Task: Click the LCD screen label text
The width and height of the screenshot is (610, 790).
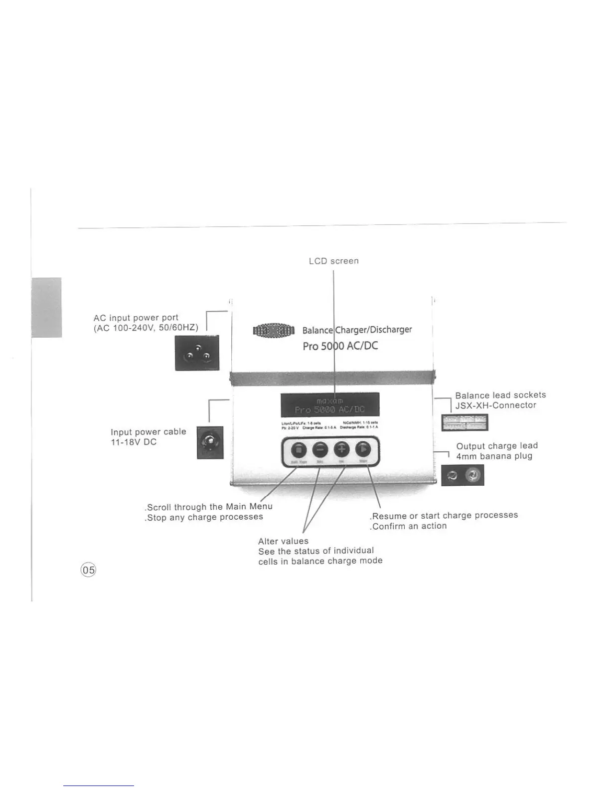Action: point(333,261)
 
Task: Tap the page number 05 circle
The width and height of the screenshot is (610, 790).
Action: point(89,570)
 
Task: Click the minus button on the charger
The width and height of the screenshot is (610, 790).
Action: point(320,450)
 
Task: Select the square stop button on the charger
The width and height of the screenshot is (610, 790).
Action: point(299,450)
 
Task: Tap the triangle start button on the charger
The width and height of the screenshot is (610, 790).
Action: point(363,450)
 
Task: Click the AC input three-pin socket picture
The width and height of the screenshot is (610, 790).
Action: point(197,353)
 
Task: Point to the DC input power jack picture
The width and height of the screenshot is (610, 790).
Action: point(210,442)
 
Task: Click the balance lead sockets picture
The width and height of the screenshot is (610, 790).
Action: point(464,422)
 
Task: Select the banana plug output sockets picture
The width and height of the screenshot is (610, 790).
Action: point(462,475)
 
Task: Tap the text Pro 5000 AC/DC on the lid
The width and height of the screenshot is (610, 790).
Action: point(340,346)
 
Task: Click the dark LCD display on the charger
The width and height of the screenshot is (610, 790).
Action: point(329,404)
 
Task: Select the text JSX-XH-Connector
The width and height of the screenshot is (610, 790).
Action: point(496,405)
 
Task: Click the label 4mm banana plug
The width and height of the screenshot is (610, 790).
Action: point(494,456)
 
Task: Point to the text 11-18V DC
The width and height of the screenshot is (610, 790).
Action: point(134,442)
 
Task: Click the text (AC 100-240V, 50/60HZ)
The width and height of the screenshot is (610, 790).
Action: point(146,328)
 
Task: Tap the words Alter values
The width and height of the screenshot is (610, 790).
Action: point(283,541)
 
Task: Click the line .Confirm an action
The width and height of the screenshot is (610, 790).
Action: point(408,526)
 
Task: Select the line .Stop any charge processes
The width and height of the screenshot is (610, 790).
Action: point(204,517)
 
